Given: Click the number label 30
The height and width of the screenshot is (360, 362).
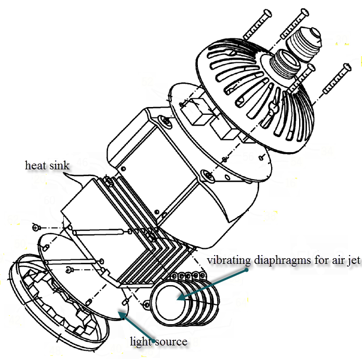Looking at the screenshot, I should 341,40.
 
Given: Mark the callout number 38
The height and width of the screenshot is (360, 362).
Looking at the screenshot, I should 271,215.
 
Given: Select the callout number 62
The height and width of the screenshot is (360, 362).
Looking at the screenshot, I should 14,220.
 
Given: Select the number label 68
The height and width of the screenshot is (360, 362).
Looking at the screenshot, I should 234,279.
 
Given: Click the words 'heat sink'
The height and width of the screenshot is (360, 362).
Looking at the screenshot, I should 47,166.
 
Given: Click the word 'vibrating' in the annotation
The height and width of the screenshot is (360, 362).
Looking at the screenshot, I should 229,260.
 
